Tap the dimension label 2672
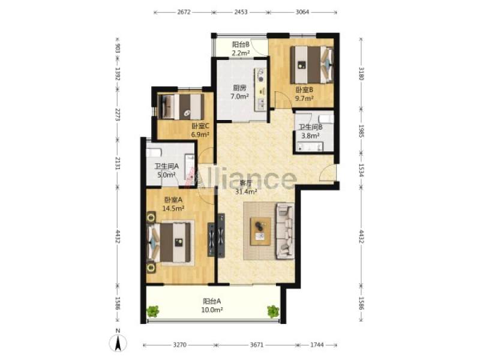click(x=184, y=12)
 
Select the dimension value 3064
click(x=302, y=12)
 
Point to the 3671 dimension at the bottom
click(x=257, y=345)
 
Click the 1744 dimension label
click(x=317, y=345)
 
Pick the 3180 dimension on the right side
click(x=361, y=73)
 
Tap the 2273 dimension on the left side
click(x=118, y=114)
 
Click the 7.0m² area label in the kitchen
click(x=239, y=97)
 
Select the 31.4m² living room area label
click(x=246, y=191)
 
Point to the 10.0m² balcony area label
click(x=212, y=310)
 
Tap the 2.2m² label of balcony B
click(x=241, y=53)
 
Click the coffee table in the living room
click(x=260, y=231)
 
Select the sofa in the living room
click(x=286, y=231)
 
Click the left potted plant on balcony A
click(x=153, y=311)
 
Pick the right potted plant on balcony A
click(x=273, y=311)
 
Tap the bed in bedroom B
click(x=311, y=65)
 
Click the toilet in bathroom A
click(x=154, y=152)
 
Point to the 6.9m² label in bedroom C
click(x=200, y=134)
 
